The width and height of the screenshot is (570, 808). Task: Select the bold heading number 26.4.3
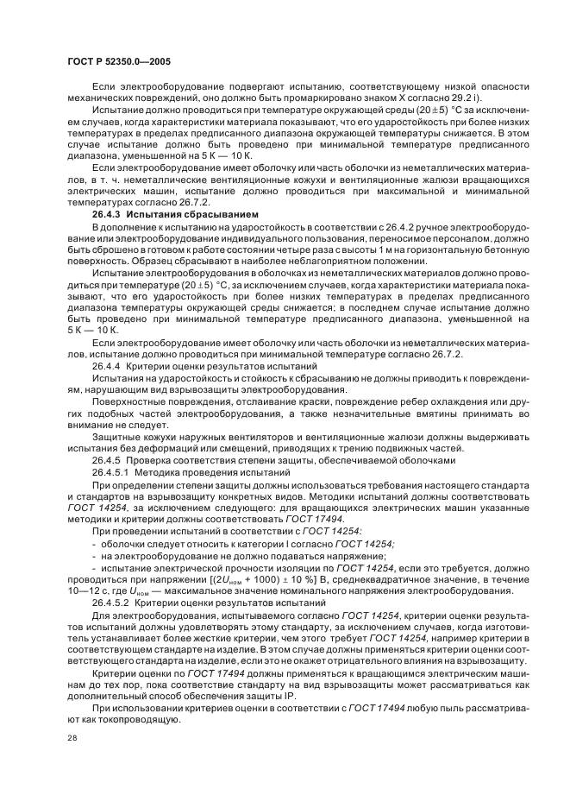108,212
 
